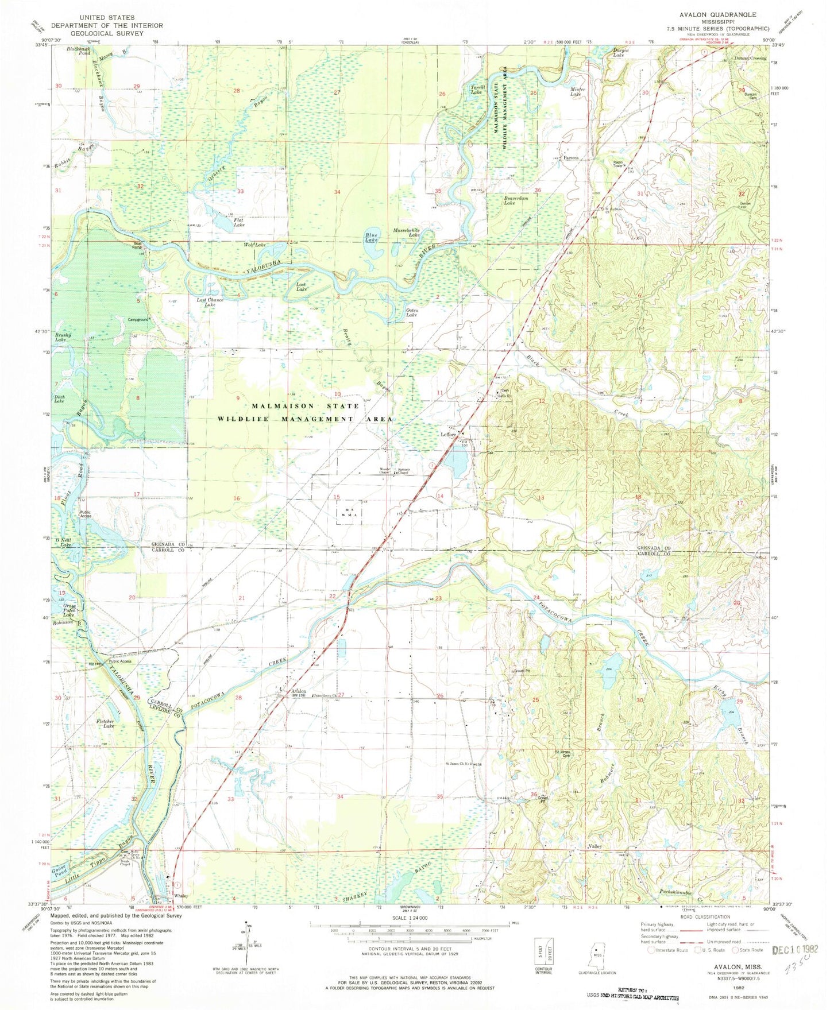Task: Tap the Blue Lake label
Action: [373, 238]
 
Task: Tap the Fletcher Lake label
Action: [105, 723]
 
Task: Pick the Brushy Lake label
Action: [62, 337]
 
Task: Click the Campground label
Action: [138, 319]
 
